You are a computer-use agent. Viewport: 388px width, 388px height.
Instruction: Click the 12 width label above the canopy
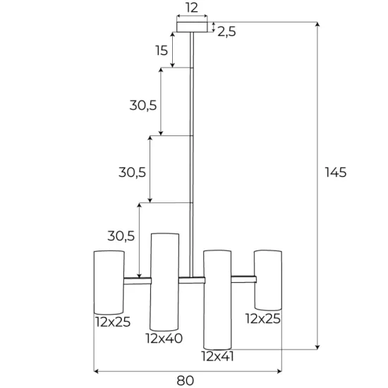[191, 8]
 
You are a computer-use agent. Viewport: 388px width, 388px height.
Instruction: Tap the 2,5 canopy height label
[226, 31]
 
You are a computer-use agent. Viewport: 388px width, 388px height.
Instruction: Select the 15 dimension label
[162, 51]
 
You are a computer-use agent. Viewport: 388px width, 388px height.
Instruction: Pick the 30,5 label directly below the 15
[143, 105]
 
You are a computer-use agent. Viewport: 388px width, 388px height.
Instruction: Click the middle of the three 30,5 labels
[132, 171]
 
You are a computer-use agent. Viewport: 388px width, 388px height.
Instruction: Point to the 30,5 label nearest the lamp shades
[121, 236]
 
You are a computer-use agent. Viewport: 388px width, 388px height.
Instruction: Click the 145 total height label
[336, 172]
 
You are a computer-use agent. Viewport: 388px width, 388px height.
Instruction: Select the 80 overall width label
[186, 380]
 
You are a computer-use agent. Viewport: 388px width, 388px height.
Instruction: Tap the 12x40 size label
[164, 338]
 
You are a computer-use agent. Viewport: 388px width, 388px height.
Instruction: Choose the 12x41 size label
[217, 356]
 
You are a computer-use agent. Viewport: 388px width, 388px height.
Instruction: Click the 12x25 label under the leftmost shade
[112, 322]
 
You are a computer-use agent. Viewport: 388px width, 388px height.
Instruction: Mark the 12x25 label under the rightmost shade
[263, 318]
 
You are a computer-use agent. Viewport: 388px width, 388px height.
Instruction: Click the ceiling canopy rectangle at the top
[191, 27]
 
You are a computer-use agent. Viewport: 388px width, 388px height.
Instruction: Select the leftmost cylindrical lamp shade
[109, 281]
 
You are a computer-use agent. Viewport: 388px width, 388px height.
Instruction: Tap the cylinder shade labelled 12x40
[164, 281]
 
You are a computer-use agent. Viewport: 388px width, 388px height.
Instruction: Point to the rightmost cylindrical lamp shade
[268, 279]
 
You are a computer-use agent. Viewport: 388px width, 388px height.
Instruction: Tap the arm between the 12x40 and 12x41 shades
[190, 279]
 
